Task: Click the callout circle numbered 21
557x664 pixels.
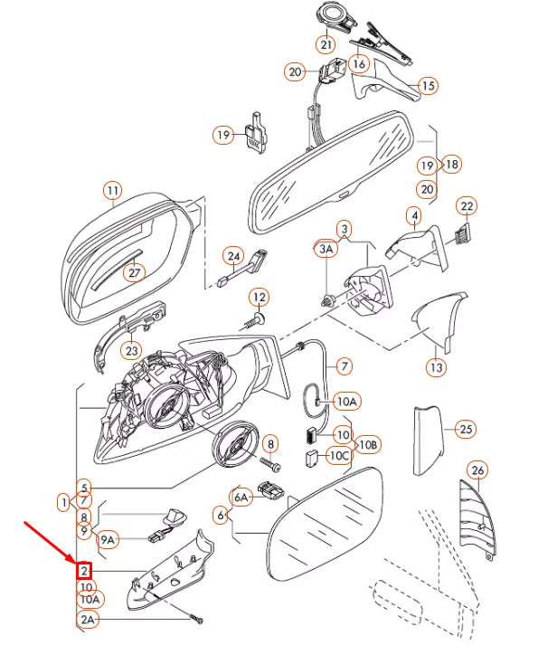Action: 325,43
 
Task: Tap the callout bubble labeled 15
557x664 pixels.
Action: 428,86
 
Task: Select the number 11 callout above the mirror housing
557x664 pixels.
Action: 111,191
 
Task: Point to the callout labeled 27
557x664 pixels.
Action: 134,272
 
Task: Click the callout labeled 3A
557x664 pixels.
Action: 325,248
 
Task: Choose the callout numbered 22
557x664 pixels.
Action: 466,207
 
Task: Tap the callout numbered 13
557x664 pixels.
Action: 437,367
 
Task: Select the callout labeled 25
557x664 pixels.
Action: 465,428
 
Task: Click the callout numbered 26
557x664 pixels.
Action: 478,470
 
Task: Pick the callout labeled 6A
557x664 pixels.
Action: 241,497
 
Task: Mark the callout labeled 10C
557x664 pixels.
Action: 338,455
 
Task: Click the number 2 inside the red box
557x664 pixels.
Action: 84,571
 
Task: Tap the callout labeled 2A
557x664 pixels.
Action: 87,620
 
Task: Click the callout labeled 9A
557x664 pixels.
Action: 108,540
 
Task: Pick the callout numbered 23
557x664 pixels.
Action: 132,350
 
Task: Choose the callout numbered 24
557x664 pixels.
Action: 233,256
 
